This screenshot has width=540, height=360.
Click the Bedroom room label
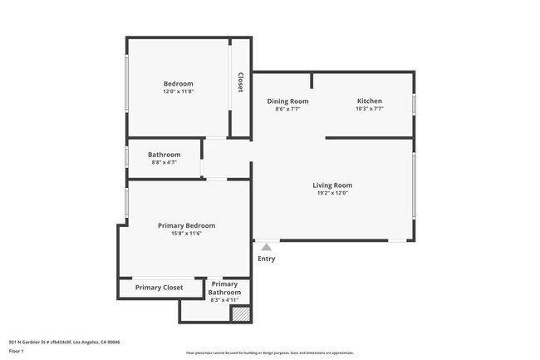point(178,83)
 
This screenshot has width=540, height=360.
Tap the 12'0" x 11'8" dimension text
point(178,91)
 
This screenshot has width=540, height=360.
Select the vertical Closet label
point(240,82)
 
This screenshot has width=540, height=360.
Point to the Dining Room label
point(287,101)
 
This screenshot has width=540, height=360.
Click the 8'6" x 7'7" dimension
point(287,109)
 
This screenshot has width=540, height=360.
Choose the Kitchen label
point(369,101)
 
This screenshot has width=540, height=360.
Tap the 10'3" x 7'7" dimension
point(369,109)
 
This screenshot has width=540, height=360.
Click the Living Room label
point(332,185)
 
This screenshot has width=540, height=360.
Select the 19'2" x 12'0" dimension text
point(332,193)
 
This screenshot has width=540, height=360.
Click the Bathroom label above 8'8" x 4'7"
point(164,154)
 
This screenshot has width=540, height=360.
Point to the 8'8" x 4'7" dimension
point(164,162)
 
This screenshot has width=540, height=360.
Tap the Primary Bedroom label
point(186,225)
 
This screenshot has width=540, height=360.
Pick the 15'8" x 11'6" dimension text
point(186,234)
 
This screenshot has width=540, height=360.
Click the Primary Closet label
point(159,288)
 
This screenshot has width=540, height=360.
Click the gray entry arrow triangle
point(266,246)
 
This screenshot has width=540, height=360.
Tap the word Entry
point(266,259)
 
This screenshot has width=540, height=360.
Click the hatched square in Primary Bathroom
point(240,314)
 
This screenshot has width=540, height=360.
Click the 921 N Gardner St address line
point(65,342)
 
